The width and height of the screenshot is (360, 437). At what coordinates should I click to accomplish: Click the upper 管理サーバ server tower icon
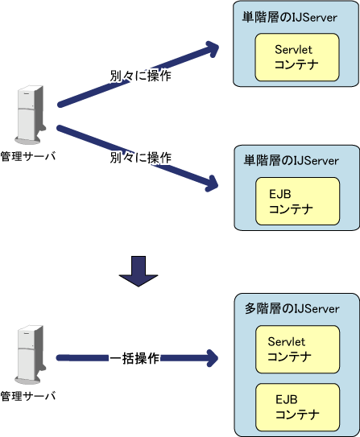point(30,115)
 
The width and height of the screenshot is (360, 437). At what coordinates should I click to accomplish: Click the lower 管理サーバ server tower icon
point(30,354)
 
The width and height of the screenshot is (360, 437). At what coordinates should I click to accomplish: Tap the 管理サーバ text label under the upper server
point(28,156)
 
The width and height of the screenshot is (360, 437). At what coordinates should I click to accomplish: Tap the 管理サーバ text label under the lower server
point(28,396)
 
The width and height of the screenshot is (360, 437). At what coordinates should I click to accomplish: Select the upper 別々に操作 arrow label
point(140,76)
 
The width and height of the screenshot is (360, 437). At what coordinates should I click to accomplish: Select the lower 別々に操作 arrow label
point(141,158)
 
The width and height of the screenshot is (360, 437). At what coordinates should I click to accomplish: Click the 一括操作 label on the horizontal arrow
point(134,358)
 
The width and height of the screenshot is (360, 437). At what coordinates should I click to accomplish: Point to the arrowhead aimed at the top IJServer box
point(213,49)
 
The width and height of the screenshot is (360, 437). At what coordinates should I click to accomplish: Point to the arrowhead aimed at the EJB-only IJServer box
point(212,183)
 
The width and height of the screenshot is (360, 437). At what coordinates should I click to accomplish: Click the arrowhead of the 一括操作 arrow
point(213,358)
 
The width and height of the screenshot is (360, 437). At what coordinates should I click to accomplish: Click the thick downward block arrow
point(139,271)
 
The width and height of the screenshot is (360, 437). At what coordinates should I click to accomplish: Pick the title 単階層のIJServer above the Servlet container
point(289,17)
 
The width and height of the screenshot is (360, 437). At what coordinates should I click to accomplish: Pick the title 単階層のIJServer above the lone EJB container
point(291,160)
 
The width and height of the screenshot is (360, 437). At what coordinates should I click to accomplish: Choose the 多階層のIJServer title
point(292,308)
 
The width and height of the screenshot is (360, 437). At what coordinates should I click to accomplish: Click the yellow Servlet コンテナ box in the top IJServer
point(297,57)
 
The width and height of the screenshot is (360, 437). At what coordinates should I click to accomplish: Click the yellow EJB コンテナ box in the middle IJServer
point(297,201)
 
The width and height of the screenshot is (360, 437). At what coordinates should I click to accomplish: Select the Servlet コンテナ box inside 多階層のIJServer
point(297,349)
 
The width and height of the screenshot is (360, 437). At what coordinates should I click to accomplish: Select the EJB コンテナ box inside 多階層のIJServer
point(297,407)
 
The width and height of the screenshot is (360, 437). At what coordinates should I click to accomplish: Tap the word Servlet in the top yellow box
point(293,50)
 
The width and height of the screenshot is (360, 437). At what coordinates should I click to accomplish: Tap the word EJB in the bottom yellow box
point(287,399)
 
